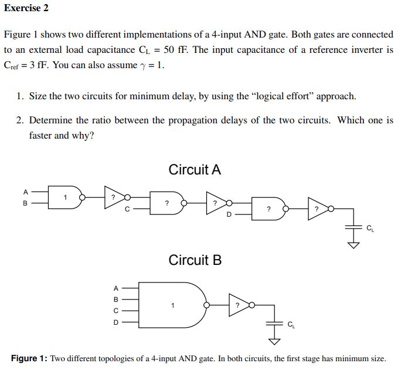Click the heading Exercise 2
click(26, 8)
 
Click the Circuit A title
click(195, 170)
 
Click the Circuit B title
click(195, 260)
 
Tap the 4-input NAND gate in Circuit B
click(173, 305)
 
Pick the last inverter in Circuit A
click(320, 209)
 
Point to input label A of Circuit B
click(115, 288)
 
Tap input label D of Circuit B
click(115, 322)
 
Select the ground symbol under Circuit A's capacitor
click(354, 244)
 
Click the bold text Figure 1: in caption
click(29, 358)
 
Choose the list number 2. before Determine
click(21, 120)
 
